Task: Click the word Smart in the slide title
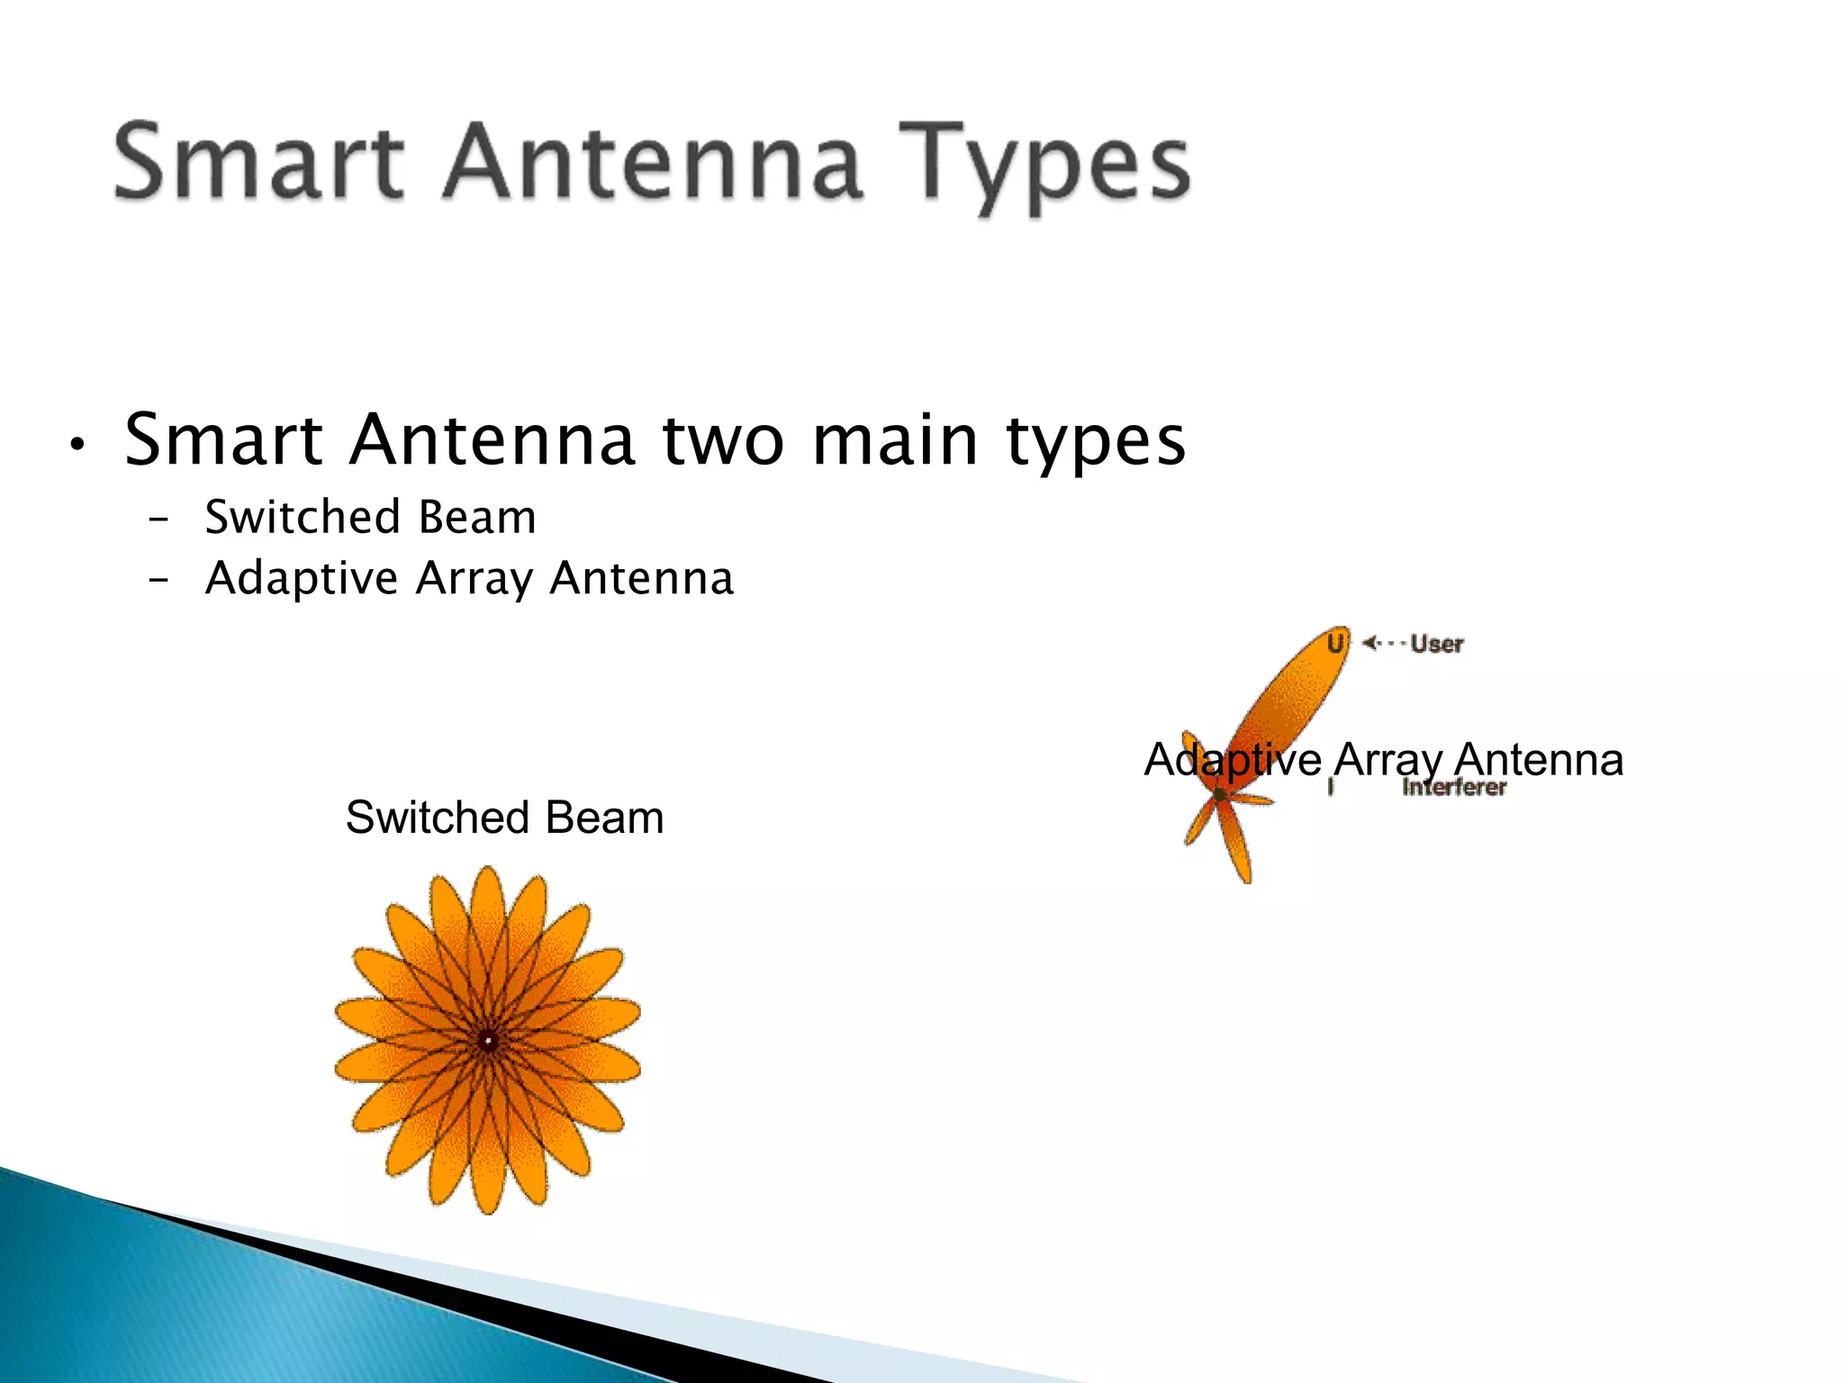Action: click(x=258, y=162)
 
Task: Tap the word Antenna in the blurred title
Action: click(x=653, y=162)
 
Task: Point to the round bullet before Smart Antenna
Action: click(x=77, y=445)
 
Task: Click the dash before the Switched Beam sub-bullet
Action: click(x=158, y=520)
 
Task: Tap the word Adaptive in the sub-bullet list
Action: click(x=302, y=578)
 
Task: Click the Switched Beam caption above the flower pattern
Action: click(x=504, y=818)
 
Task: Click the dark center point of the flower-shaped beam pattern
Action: click(x=488, y=1041)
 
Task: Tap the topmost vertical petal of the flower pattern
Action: click(x=488, y=909)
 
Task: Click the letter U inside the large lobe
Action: click(x=1335, y=643)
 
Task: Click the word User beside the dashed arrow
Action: click(x=1437, y=644)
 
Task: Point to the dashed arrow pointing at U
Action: click(x=1383, y=643)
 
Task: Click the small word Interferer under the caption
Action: click(x=1453, y=788)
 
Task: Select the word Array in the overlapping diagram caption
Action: click(x=1388, y=760)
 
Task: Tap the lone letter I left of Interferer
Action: click(x=1331, y=788)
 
